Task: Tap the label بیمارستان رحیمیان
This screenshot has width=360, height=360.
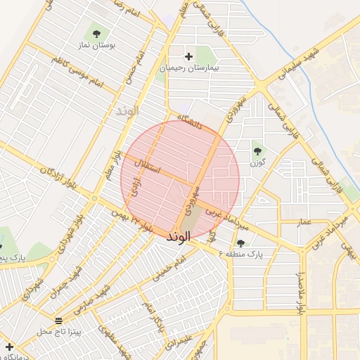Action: point(188,68)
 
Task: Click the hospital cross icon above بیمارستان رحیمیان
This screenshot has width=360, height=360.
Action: point(188,56)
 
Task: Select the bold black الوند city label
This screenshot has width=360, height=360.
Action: point(179,238)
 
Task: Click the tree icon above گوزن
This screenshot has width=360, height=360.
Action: point(257,150)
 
